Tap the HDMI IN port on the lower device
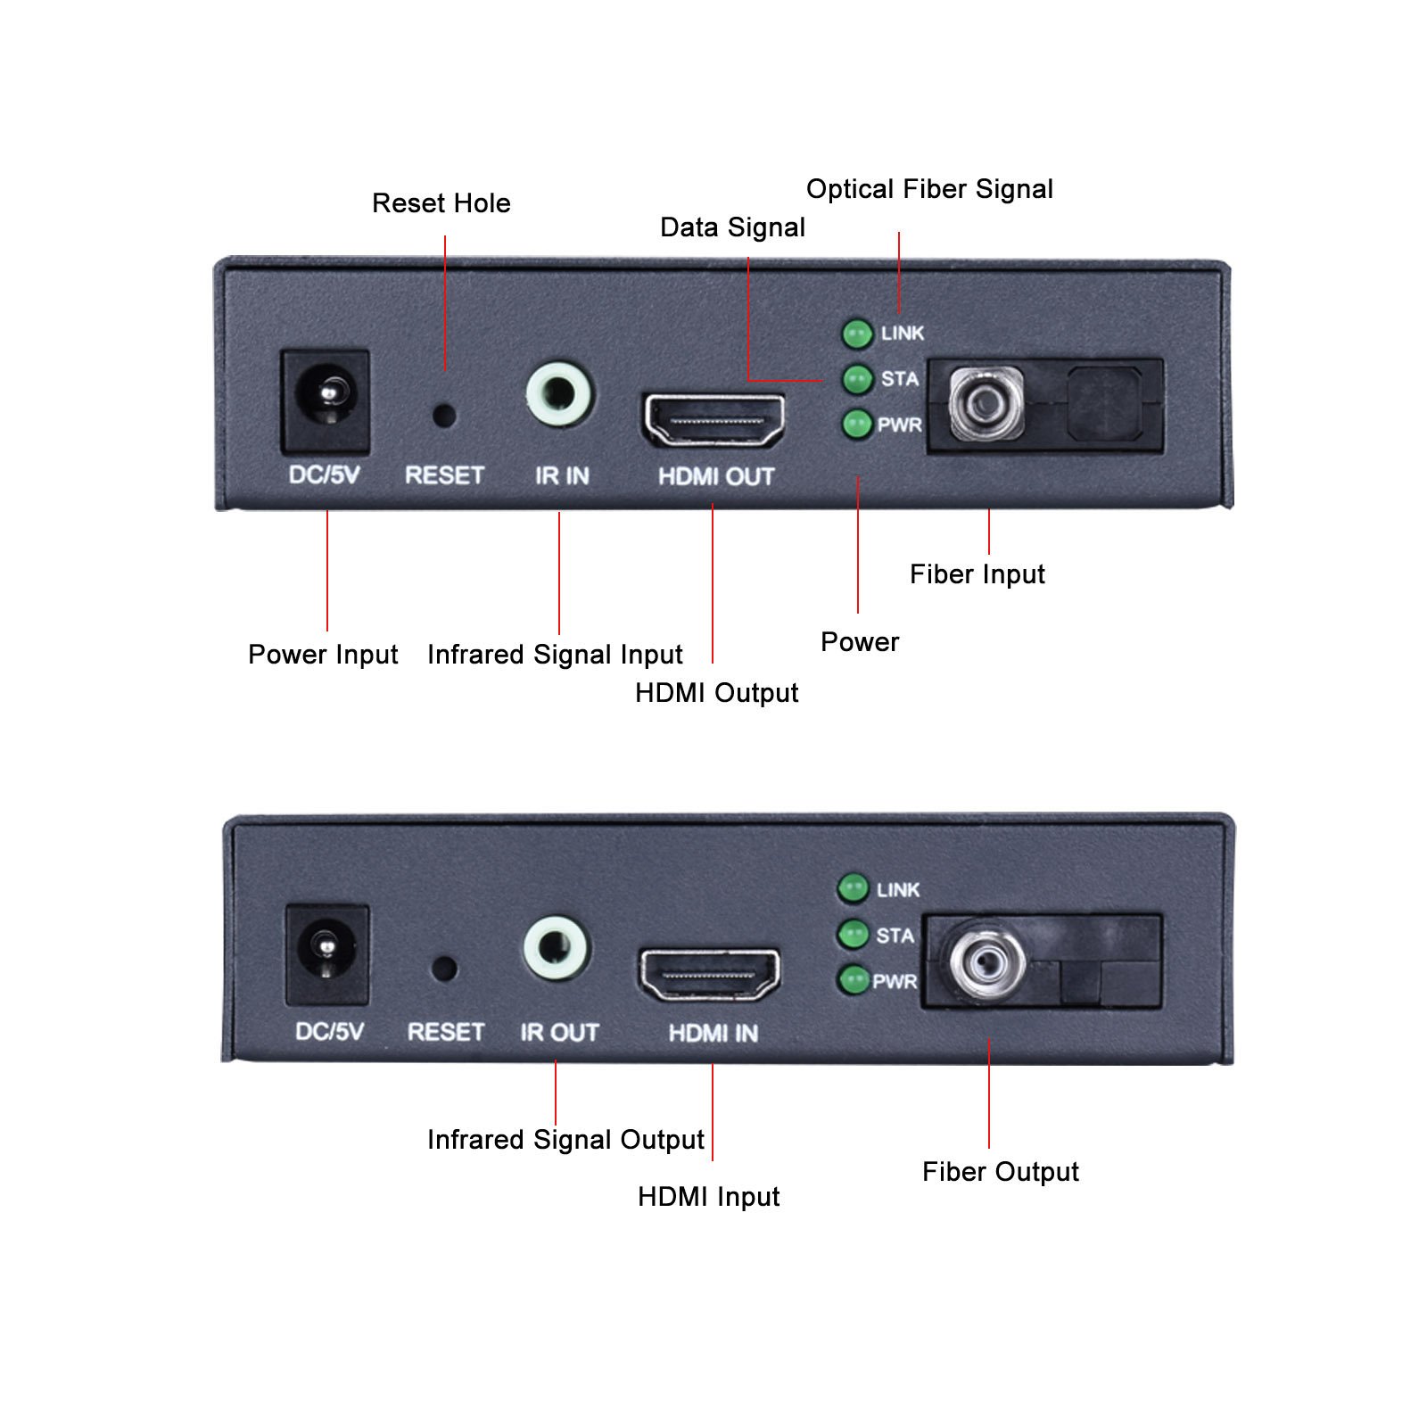click(x=710, y=975)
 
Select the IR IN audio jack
click(x=559, y=394)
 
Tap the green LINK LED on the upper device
click(x=857, y=334)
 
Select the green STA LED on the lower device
click(x=854, y=935)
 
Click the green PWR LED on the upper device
click(x=857, y=425)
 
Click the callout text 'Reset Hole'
click(x=441, y=203)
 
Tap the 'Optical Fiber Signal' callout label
click(x=929, y=189)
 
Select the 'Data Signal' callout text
click(x=732, y=227)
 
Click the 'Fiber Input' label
click(x=977, y=574)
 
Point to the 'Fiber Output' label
click(x=1000, y=1172)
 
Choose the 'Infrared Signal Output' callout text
click(x=565, y=1140)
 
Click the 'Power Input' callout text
click(x=323, y=655)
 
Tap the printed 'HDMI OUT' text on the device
click(x=715, y=476)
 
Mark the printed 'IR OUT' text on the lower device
click(x=559, y=1033)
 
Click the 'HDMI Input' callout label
click(x=708, y=1197)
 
